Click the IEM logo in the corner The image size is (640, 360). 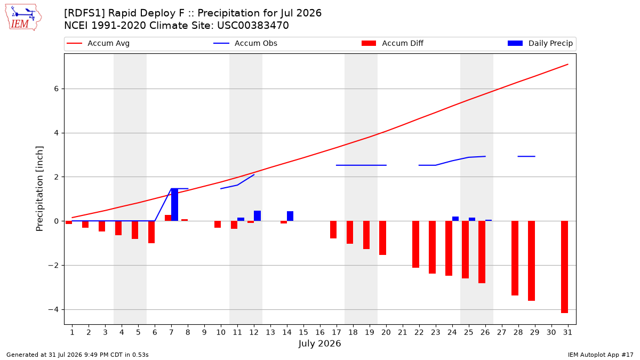(23, 18)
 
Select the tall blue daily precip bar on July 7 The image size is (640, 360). (174, 205)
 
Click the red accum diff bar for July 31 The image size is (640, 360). (564, 267)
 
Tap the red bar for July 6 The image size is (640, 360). (151, 232)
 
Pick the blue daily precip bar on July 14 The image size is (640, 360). (290, 216)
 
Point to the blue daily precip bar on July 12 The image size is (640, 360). (257, 215)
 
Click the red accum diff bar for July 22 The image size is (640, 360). (415, 244)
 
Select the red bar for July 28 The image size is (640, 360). (515, 258)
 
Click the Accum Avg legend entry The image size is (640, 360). (98, 43)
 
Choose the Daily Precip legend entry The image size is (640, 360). (540, 43)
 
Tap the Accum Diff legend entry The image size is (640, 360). (393, 43)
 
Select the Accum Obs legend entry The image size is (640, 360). (245, 43)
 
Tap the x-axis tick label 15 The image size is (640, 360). (303, 332)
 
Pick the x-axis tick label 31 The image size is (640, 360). (567, 332)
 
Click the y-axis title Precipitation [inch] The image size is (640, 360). (39, 189)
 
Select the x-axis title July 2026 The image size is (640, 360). (319, 343)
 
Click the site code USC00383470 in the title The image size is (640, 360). (253, 26)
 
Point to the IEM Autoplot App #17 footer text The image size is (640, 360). (601, 355)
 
